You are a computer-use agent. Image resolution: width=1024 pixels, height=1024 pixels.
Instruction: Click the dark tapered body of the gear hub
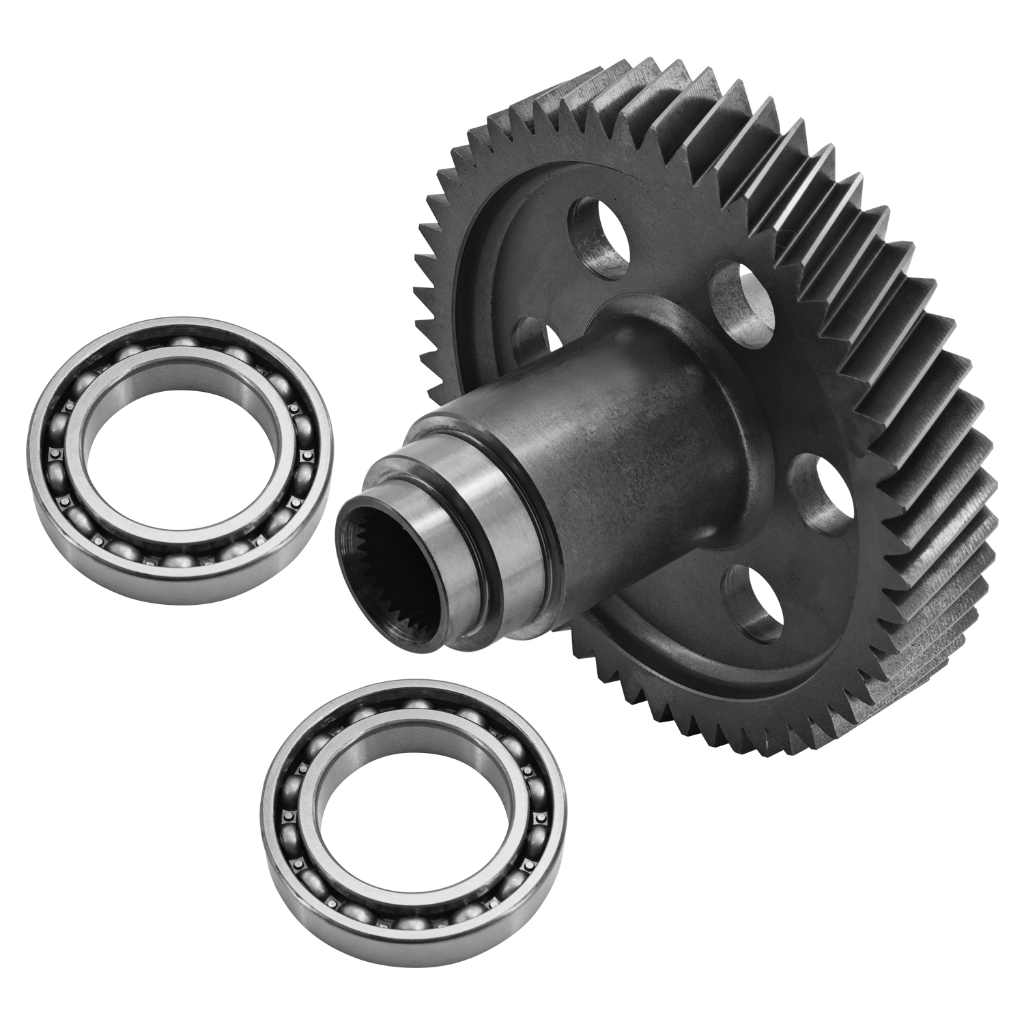pos(614,444)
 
